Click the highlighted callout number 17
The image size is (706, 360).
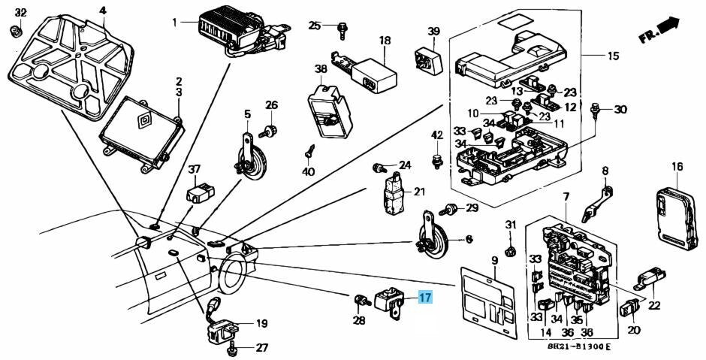tap(425, 298)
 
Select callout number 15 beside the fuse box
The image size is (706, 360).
tap(613, 56)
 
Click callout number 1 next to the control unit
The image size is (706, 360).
tap(174, 23)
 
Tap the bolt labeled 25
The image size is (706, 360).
tap(342, 28)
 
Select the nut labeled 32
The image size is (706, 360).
tap(14, 31)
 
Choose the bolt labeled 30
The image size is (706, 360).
tap(598, 110)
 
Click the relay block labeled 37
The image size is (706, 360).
tap(201, 192)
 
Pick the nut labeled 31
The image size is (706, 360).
tap(509, 247)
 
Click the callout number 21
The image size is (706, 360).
tap(418, 192)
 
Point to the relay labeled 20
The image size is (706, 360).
tap(629, 307)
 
